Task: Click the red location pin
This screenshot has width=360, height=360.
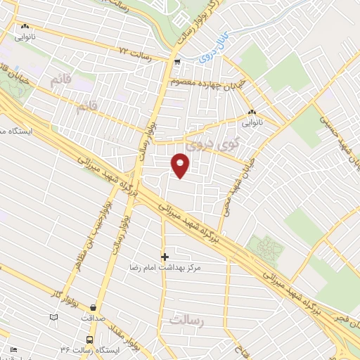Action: (x=181, y=165)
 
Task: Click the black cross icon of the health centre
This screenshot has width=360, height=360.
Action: (x=165, y=257)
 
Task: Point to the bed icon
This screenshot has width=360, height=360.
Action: (x=14, y=348)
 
